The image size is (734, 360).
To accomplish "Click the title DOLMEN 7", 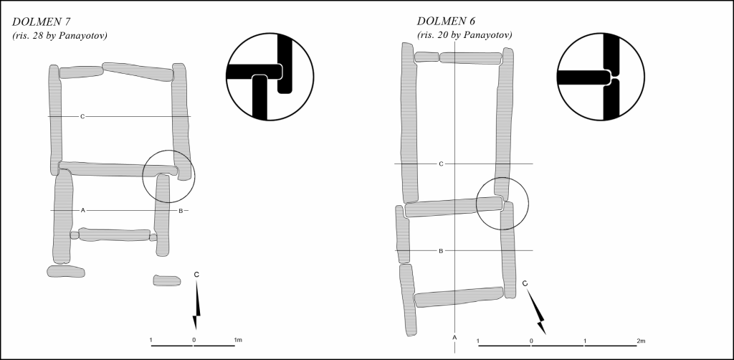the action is (x=41, y=22).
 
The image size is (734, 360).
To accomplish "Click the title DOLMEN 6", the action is (x=447, y=22).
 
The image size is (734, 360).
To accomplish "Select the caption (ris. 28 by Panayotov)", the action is (x=60, y=36).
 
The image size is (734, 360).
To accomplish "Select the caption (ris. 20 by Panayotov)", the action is (x=464, y=35).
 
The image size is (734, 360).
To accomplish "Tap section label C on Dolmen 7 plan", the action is (x=82, y=116).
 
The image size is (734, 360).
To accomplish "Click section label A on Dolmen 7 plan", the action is (x=83, y=210).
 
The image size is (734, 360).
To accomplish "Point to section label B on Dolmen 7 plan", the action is (x=181, y=211).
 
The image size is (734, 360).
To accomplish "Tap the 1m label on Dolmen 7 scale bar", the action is (x=237, y=340).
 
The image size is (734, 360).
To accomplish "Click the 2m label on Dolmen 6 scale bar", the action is (x=641, y=341).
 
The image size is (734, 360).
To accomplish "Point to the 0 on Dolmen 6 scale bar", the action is (x=531, y=341).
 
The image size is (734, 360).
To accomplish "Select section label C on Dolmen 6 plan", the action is (x=441, y=164).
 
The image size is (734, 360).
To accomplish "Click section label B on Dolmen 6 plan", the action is (x=441, y=251).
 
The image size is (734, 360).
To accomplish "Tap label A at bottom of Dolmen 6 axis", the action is (x=454, y=337).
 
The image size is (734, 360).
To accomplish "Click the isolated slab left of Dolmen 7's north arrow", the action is (x=166, y=281).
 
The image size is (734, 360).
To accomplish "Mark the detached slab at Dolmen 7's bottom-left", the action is (x=65, y=272).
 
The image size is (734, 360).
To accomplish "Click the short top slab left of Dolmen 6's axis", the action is (x=426, y=57).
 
